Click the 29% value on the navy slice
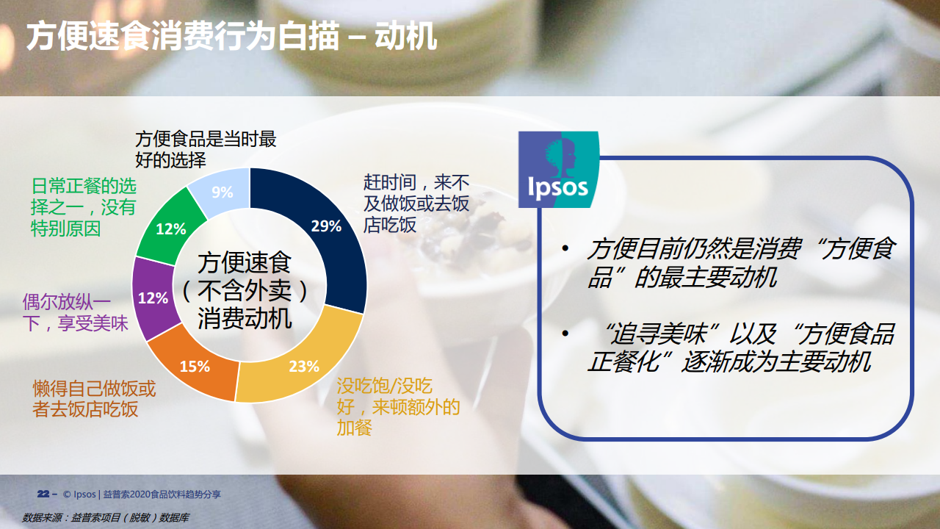[x=326, y=226]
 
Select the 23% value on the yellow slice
[x=304, y=367]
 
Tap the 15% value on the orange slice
[x=195, y=367]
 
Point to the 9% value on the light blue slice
[x=222, y=192]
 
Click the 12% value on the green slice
[x=171, y=229]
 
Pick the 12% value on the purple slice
[x=153, y=298]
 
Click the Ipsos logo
[x=559, y=170]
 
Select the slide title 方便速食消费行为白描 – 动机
[x=231, y=37]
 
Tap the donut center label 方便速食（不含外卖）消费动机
[x=245, y=290]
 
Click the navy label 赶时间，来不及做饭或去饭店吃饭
[x=416, y=204]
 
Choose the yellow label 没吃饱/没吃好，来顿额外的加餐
[x=398, y=407]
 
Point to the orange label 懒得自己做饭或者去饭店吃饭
[x=94, y=399]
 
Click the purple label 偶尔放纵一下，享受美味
[x=75, y=313]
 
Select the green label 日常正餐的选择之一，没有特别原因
[x=84, y=207]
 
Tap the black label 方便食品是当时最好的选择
[x=206, y=149]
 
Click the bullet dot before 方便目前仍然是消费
[x=565, y=248]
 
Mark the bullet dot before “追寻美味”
[x=565, y=334]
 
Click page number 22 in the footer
[x=43, y=494]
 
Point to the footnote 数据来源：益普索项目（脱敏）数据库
[x=106, y=518]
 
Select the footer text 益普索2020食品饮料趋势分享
[x=162, y=494]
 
